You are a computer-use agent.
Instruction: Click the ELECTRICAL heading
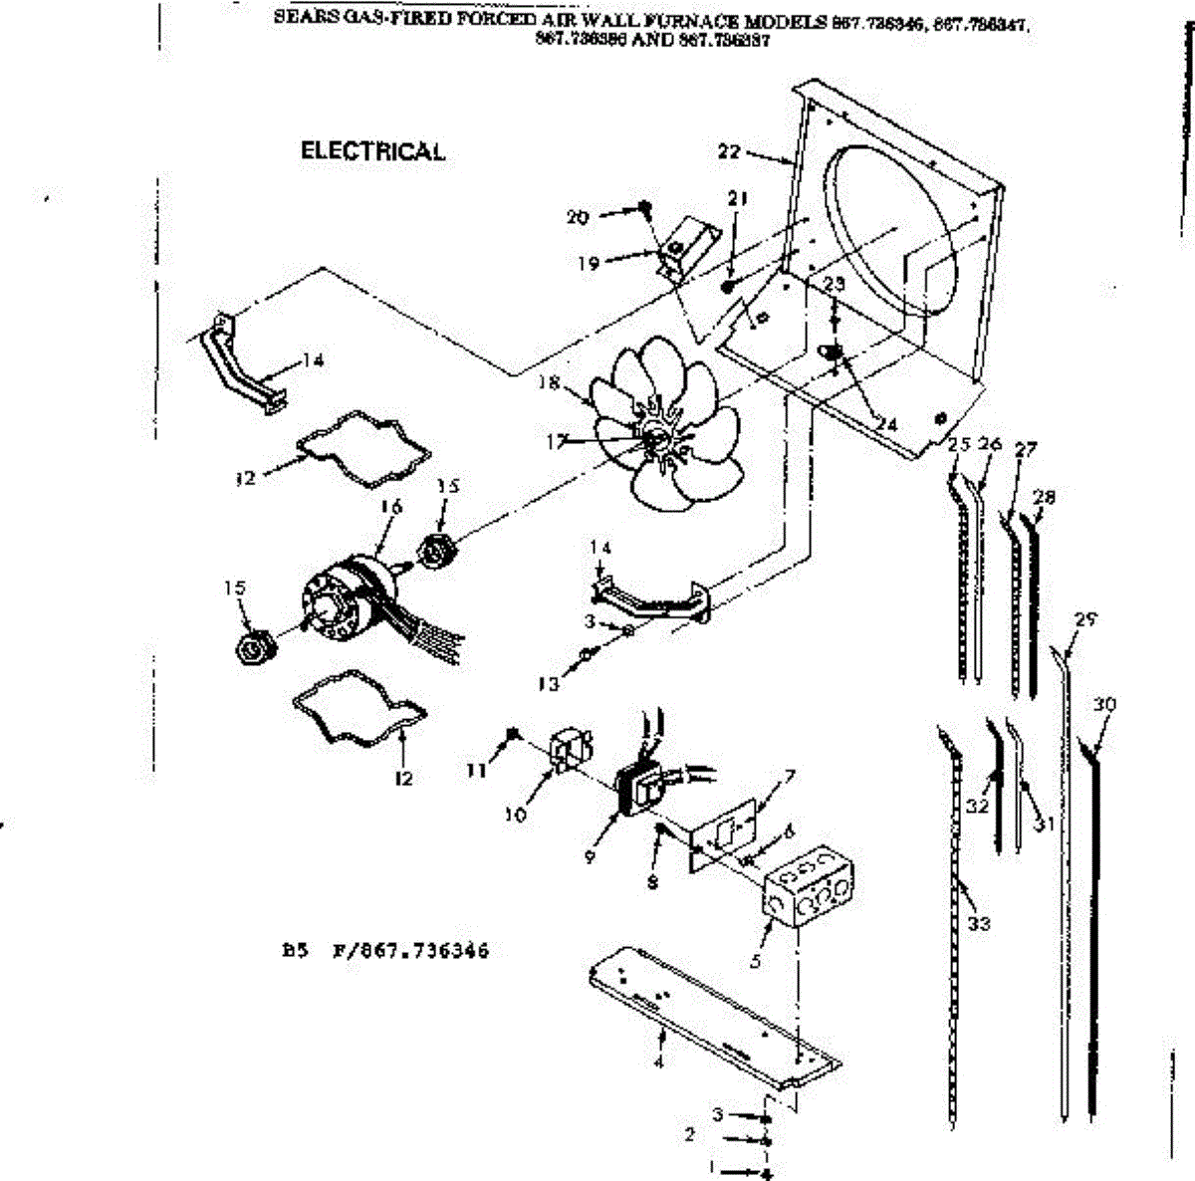372,151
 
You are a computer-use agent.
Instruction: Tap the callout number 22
729,151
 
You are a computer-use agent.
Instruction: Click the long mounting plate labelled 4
712,1016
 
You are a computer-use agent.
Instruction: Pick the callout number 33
979,923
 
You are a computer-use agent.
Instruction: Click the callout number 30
1103,705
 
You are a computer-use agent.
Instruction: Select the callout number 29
1084,619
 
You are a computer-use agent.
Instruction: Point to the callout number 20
578,216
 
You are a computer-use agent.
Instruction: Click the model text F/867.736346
410,951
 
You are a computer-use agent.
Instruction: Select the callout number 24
885,425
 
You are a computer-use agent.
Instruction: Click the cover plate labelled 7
724,834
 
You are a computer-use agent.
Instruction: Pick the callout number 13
549,684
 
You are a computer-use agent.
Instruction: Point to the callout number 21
737,199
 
